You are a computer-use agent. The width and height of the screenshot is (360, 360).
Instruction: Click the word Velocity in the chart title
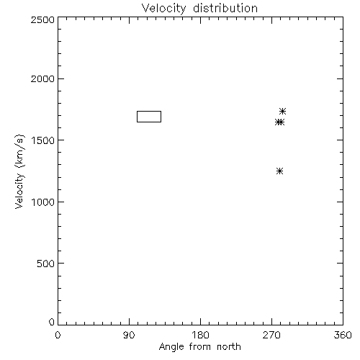coord(164,9)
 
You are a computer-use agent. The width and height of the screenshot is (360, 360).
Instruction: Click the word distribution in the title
coord(225,8)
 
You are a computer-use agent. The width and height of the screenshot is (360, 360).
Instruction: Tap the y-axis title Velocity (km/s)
coord(19,171)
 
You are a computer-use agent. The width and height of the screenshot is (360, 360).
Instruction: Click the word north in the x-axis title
coord(229,347)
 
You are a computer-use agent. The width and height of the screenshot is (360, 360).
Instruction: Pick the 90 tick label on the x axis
coord(129,335)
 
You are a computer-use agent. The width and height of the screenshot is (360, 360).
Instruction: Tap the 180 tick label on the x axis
coord(200,335)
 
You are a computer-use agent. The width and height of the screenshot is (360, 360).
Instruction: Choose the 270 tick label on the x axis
coord(271,335)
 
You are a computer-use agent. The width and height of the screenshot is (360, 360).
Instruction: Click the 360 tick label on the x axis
coord(343,335)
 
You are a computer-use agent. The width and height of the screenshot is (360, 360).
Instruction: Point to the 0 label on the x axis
coord(58,335)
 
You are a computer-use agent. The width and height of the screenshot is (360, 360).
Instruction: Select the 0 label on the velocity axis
coord(52,322)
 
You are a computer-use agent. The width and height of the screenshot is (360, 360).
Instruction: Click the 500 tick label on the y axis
coord(46,264)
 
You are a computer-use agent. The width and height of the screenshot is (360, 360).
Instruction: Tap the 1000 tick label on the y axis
coord(43,202)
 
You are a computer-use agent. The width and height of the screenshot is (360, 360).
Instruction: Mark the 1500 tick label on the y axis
coord(43,140)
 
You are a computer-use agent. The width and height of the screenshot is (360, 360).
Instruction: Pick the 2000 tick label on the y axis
coord(42,78)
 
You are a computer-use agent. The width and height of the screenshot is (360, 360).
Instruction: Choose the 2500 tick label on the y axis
coord(42,19)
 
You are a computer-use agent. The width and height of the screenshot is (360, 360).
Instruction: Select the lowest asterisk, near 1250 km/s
coord(279,171)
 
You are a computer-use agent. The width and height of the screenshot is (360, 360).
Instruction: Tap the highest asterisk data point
coord(283,111)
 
